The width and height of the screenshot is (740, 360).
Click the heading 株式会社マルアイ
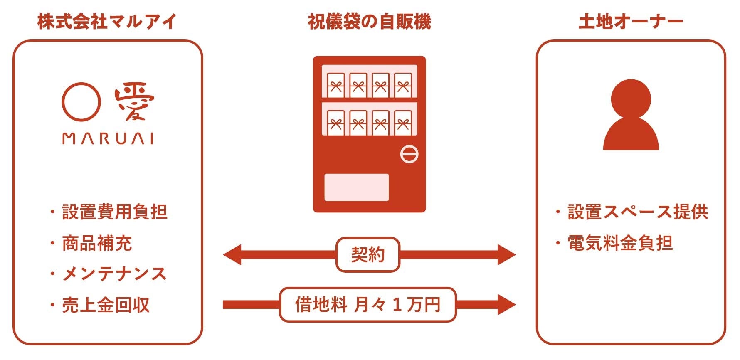pos(107,22)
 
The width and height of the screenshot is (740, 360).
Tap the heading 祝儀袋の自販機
pos(369,22)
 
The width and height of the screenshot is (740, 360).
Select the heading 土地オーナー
pos(631,22)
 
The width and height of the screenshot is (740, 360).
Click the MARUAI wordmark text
pos(108,138)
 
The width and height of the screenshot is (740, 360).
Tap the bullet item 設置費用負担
pos(114,212)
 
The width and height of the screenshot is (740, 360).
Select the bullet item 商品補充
pos(97,243)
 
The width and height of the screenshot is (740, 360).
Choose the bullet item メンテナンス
pos(114,274)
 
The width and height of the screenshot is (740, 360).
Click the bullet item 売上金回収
pos(106,305)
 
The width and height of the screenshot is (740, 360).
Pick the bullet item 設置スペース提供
pos(638,212)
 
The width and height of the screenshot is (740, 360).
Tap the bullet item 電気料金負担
pos(620,243)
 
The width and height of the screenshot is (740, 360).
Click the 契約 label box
pos(368,255)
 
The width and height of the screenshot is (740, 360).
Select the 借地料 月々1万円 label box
pos(368,305)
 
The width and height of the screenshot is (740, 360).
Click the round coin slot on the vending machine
pos(409,154)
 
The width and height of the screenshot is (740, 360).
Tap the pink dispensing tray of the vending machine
pos(356,187)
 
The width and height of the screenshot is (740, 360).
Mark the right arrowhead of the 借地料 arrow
pos(506,305)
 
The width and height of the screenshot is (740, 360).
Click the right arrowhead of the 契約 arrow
pos(506,255)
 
